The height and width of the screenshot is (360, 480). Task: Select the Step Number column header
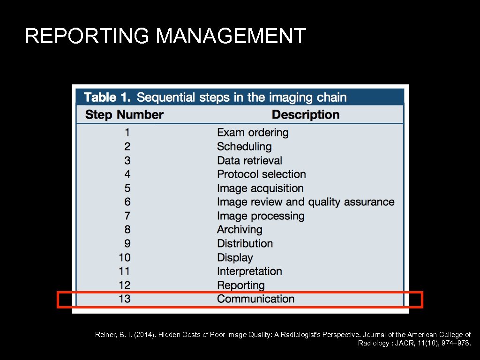coord(124,115)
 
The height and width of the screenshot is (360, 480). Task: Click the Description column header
coord(305,115)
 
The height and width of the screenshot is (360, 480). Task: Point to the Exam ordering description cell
coord(253,133)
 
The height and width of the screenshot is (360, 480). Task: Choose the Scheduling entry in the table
coord(244,147)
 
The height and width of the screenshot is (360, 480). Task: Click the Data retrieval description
coord(249,160)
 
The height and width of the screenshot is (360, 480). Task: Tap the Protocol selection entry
coord(261,174)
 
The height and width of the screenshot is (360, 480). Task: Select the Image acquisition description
coord(260,188)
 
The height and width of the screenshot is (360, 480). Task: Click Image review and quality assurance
coord(306,202)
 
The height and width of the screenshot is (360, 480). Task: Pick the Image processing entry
coord(261,216)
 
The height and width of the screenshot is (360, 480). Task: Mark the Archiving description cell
coord(240,230)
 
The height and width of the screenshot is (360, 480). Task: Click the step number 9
coord(127,244)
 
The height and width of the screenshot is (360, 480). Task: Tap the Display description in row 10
coord(235,258)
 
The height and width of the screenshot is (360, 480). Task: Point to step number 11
coord(124,271)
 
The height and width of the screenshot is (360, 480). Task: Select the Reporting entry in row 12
coord(240,285)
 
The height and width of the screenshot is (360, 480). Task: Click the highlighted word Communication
coord(255,299)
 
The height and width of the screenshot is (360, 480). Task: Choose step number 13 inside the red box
coord(124,299)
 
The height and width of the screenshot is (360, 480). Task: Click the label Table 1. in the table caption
coord(107,97)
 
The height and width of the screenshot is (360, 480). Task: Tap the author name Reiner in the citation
coord(105,335)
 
